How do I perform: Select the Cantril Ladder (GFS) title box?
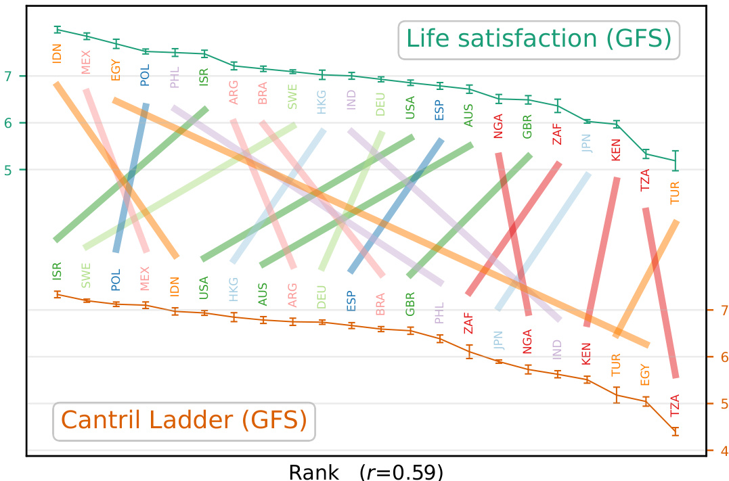coord(183,421)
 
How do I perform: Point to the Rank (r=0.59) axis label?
coord(366,471)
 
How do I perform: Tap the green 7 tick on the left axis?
coord(8,76)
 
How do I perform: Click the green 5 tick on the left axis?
coord(8,170)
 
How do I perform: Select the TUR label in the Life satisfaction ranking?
coord(675,193)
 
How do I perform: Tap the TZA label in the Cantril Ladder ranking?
coord(675,405)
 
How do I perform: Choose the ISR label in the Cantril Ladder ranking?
coord(58,271)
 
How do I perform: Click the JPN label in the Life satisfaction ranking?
coord(586,143)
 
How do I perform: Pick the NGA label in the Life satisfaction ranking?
coord(499,126)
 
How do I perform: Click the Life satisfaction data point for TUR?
coord(675,160)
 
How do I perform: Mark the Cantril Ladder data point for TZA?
coord(675,431)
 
